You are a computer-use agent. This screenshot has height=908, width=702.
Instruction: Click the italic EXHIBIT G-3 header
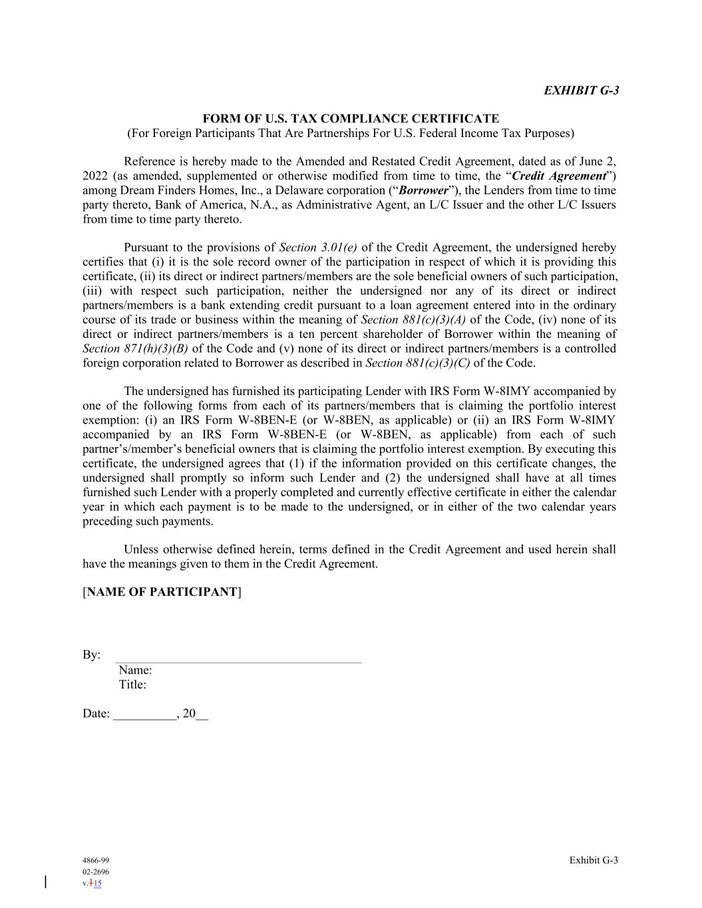tap(581, 90)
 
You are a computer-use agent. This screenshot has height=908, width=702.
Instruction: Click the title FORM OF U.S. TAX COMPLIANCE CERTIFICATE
tap(351, 119)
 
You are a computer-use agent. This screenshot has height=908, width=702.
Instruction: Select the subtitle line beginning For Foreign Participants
tap(351, 133)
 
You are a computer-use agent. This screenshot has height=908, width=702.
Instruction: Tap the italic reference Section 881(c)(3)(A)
tap(413, 320)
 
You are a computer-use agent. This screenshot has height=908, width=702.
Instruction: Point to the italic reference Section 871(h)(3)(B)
tap(135, 349)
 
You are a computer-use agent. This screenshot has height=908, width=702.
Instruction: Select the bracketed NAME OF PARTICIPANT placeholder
tap(162, 592)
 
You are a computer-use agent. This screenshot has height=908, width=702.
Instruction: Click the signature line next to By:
tap(240, 658)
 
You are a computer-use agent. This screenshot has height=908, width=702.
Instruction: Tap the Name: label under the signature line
tap(135, 670)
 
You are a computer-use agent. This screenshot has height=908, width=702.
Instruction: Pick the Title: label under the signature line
tap(132, 684)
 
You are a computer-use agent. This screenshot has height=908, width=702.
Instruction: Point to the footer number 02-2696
tap(96, 872)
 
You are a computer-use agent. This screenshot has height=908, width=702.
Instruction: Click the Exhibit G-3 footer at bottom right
tap(594, 861)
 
